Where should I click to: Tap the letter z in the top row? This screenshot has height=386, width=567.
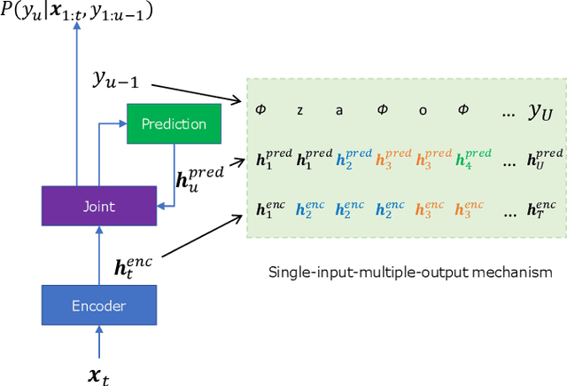pyautogui.click(x=300, y=110)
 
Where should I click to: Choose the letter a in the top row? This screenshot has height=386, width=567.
pyautogui.click(x=338, y=110)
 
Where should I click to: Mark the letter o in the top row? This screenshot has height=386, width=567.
pyautogui.click(x=422, y=110)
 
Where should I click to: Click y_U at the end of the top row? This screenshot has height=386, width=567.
pyautogui.click(x=541, y=110)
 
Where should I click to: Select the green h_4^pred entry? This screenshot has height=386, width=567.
pyautogui.click(x=471, y=160)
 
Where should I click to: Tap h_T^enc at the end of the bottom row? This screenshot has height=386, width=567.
pyautogui.click(x=545, y=211)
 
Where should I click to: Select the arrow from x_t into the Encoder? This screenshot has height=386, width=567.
pyautogui.click(x=98, y=343)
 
